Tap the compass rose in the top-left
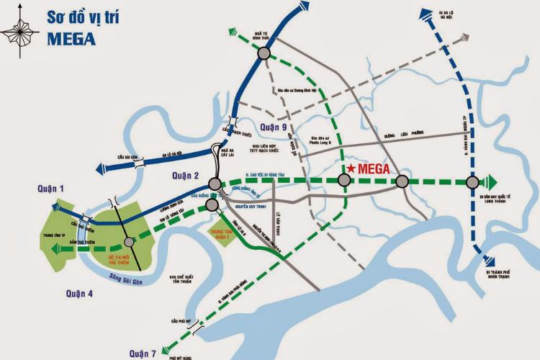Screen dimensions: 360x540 point(19,32)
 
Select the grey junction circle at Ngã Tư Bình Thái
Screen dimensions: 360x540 point(264,53)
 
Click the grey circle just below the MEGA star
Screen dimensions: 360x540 point(346,181)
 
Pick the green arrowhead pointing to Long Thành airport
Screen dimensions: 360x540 point(495,181)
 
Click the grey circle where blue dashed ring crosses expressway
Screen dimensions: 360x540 point(472,181)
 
